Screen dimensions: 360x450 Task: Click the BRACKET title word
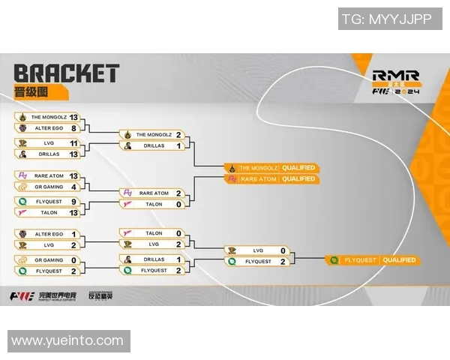pyautogui.click(x=67, y=73)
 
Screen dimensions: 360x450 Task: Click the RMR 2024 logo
pyautogui.click(x=395, y=82)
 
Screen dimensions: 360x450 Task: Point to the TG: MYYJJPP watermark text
pyautogui.click(x=386, y=19)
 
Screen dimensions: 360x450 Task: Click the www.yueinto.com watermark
pyautogui.click(x=67, y=340)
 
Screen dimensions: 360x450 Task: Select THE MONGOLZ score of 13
pyautogui.click(x=73, y=118)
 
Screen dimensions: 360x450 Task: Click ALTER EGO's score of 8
pyautogui.click(x=73, y=128)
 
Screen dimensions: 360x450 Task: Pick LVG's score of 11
pyautogui.click(x=73, y=142)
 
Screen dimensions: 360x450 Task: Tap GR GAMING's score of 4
pyautogui.click(x=73, y=186)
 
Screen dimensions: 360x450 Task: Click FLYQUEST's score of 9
pyautogui.click(x=73, y=201)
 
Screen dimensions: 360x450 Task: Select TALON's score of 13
pyautogui.click(x=73, y=212)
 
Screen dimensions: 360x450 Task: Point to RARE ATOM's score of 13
pyautogui.click(x=73, y=175)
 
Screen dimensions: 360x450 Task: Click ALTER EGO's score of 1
pyautogui.click(x=73, y=234)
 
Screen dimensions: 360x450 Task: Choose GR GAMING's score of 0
pyautogui.click(x=73, y=259)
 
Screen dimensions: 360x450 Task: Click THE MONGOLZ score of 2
pyautogui.click(x=178, y=134)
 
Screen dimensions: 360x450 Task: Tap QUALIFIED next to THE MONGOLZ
pyautogui.click(x=298, y=167)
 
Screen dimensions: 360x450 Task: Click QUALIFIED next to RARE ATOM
pyautogui.click(x=298, y=179)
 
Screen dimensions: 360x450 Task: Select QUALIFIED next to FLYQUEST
pyautogui.click(x=399, y=260)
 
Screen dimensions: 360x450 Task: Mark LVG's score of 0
pyautogui.click(x=283, y=250)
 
